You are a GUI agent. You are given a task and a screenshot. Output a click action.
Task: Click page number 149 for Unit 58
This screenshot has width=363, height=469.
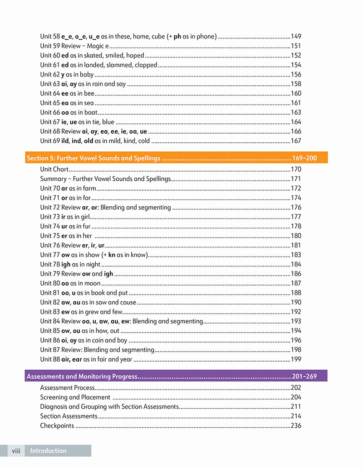coord(296,36)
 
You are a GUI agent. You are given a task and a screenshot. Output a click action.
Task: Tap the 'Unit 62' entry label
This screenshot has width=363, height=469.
coord(49,74)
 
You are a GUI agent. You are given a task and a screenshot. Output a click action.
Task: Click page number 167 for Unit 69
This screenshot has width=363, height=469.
coord(296,141)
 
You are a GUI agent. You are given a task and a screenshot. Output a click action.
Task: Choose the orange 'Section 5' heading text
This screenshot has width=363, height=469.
coord(93,158)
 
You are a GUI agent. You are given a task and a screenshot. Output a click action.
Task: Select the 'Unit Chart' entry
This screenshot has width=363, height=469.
coord(54,169)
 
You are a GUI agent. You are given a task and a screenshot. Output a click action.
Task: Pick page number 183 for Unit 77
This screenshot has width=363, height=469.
coord(296,255)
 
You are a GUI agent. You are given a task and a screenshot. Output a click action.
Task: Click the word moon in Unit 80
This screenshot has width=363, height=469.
coord(93,284)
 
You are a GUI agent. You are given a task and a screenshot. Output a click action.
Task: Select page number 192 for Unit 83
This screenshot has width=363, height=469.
coord(296,312)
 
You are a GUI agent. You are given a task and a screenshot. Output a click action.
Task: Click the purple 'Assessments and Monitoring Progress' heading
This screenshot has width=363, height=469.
coord(82,377)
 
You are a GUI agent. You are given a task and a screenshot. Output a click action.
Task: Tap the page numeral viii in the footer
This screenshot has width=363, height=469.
coord(16,451)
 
